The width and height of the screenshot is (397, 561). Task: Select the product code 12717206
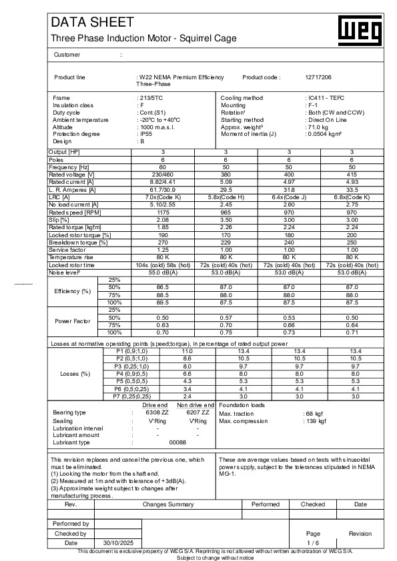coord(318,77)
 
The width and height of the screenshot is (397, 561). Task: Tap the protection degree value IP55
coord(141,134)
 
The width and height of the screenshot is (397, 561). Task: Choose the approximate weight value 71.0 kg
coord(317,127)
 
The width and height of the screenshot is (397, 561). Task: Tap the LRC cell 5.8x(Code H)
coord(226,197)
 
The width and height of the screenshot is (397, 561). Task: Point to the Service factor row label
coord(69,249)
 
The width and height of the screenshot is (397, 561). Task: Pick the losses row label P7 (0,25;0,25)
coord(133,396)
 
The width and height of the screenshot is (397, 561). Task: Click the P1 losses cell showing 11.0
coord(187,350)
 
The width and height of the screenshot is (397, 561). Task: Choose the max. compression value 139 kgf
coord(315,421)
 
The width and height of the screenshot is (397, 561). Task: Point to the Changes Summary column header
coord(168,504)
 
